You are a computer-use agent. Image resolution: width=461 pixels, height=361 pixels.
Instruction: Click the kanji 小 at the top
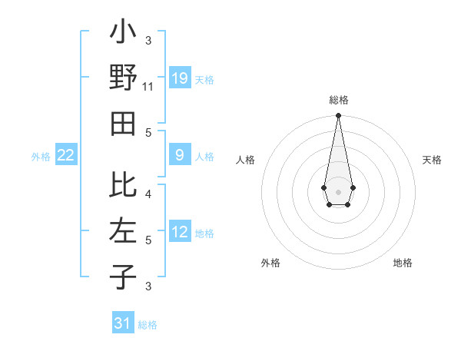click(123, 33)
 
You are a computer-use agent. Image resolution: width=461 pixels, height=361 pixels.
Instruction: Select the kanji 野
click(123, 78)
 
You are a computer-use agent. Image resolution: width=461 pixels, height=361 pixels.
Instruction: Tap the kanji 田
click(123, 124)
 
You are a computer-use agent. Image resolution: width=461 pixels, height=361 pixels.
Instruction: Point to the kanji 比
click(123, 185)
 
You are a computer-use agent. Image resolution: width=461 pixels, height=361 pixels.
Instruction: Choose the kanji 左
click(123, 230)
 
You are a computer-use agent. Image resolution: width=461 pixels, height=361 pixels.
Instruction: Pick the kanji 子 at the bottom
click(123, 276)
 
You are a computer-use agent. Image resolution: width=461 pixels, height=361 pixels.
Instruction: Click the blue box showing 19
click(180, 78)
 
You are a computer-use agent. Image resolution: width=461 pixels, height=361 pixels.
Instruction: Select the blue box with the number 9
click(180, 155)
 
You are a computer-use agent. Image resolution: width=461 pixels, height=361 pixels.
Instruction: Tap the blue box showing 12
click(180, 232)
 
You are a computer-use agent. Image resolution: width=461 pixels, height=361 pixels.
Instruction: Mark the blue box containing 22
click(66, 155)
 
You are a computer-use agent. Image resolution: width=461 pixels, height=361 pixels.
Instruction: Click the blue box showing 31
click(123, 323)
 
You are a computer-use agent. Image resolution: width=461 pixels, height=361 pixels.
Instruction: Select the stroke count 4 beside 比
click(148, 194)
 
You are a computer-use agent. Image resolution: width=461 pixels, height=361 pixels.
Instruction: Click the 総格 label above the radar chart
click(338, 101)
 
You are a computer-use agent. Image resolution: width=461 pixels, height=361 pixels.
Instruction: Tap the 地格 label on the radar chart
click(403, 263)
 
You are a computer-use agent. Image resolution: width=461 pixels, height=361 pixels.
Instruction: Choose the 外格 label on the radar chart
click(270, 263)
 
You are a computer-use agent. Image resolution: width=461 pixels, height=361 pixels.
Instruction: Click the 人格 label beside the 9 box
click(204, 157)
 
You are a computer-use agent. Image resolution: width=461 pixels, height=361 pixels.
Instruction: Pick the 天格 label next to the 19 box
click(204, 79)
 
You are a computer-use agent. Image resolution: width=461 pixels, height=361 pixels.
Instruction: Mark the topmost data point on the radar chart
click(338, 116)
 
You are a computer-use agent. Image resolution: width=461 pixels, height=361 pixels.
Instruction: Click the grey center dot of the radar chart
click(338, 191)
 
